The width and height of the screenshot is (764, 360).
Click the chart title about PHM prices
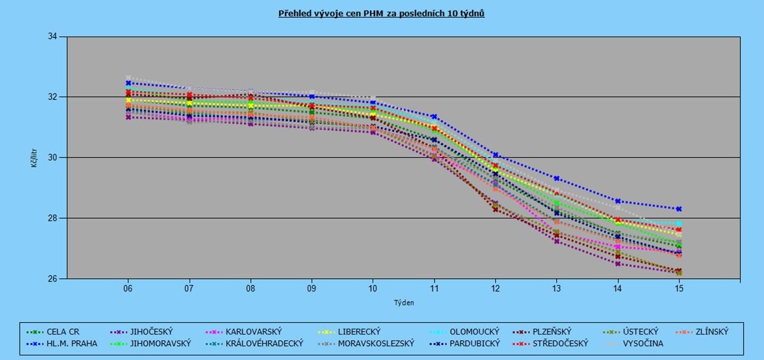coord(382,13)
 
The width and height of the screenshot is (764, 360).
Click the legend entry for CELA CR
coord(61,332)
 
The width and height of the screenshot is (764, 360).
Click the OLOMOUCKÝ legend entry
coord(473,332)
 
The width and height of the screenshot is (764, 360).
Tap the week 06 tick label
coord(128,288)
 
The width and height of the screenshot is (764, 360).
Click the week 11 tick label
coord(434,288)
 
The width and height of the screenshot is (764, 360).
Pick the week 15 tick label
coord(679,288)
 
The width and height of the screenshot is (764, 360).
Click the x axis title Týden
coord(403,303)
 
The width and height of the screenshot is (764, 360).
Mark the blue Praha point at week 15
coord(679,209)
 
